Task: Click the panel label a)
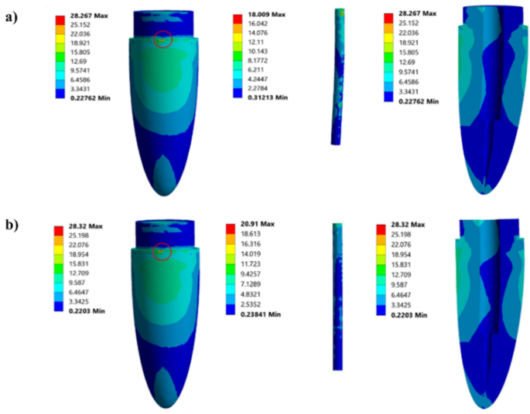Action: point(12,17)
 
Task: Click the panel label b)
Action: point(12,224)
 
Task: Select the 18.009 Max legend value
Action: point(267,15)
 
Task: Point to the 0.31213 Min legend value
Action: point(268,97)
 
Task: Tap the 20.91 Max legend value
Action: point(258,224)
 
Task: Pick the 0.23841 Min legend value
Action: point(261,314)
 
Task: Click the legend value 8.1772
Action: point(258,61)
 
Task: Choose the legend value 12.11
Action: point(256,42)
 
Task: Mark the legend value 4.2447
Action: point(258,80)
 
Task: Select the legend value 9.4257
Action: point(251,274)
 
